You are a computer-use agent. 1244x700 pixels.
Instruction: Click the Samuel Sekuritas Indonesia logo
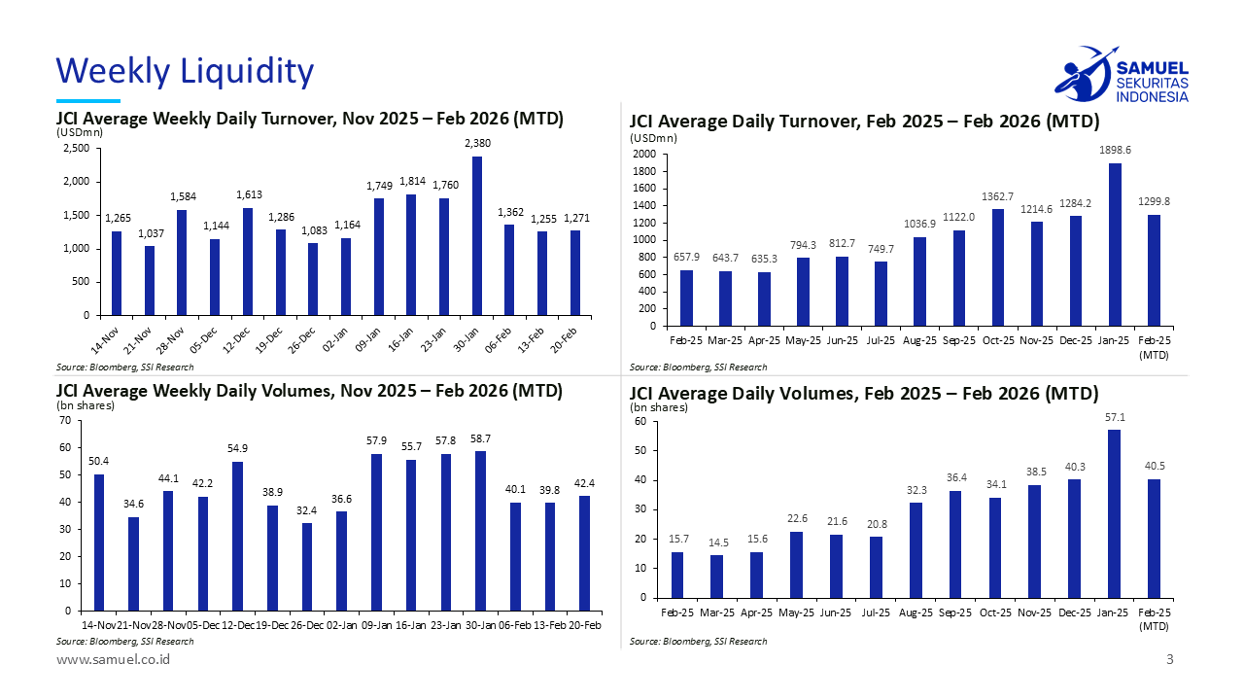pos(1121,74)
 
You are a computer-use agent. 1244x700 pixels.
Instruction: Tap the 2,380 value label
pos(477,144)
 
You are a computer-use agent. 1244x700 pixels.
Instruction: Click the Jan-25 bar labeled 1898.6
pos(1114,244)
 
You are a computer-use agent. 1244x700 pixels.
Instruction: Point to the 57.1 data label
pos(1114,417)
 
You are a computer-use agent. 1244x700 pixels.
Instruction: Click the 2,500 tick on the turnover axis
pos(77,148)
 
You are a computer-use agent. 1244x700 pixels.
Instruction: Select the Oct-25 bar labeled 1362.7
pos(997,267)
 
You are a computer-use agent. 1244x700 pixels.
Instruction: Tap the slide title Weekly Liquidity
pos(185,71)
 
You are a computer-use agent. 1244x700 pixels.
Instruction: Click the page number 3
pos(1170,660)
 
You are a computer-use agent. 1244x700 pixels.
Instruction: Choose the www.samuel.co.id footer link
pos(114,660)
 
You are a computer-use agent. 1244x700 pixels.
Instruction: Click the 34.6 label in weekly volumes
pos(133,504)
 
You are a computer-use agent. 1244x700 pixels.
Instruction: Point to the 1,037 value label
pos(150,233)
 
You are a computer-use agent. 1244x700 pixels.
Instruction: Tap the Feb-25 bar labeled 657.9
pos(686,297)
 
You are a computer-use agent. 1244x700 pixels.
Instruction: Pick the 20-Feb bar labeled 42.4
pos(584,553)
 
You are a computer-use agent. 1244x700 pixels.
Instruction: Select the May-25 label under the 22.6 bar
pos(796,613)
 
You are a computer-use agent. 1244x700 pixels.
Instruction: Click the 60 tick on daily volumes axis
pos(640,422)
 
